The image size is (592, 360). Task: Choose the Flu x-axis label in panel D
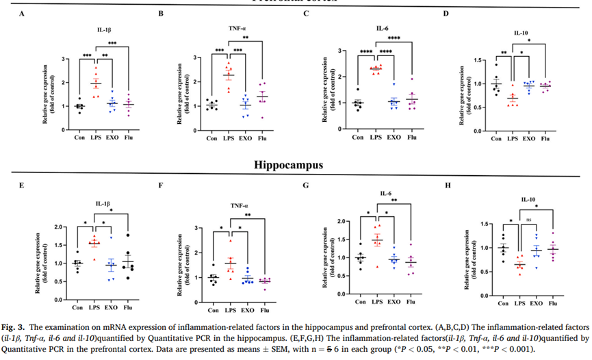point(545,140)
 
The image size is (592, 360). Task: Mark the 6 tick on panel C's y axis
point(340,50)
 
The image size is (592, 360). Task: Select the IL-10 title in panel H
point(527,199)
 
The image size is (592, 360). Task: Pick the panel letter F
point(161,184)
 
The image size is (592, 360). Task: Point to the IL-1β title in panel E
point(105,203)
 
